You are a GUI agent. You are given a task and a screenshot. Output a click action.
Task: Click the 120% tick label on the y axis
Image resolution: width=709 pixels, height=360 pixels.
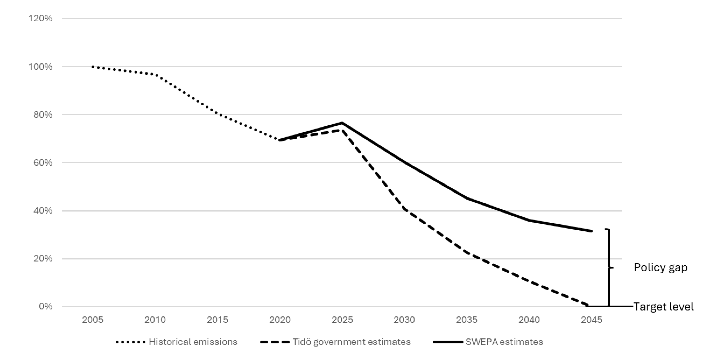point(40,19)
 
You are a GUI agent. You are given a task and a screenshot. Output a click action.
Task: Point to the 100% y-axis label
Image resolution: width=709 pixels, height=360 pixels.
point(40,67)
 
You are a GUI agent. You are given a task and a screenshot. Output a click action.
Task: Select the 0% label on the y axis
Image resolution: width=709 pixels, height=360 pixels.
point(45,306)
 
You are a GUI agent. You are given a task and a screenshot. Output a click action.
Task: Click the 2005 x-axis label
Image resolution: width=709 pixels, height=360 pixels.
point(92,320)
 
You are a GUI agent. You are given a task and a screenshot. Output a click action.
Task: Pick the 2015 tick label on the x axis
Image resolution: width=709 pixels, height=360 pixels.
point(218,320)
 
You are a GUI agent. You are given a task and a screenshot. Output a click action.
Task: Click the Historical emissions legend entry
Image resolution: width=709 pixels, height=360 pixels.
point(176,342)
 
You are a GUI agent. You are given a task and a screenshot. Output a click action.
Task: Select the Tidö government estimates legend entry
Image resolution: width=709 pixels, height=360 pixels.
point(335,342)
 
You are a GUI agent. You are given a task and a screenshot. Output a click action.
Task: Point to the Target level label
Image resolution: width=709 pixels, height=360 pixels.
point(664,307)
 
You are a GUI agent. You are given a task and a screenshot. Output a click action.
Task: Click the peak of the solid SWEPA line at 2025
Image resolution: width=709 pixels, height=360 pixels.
point(342,123)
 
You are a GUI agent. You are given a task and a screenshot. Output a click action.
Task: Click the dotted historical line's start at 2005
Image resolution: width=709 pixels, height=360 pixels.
point(93,67)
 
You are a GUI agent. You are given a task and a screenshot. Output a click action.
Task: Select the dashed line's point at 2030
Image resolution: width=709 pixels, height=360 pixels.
point(404,209)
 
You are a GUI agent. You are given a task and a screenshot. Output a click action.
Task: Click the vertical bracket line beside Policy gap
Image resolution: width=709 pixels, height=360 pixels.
point(609,268)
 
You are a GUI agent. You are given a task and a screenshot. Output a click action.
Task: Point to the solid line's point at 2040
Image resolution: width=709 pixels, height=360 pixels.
point(529,220)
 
